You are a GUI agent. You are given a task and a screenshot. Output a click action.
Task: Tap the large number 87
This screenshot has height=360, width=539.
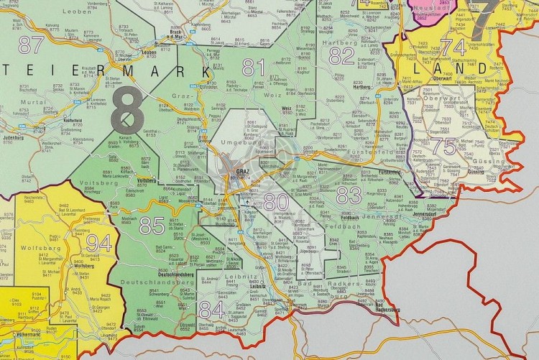tap(31, 45)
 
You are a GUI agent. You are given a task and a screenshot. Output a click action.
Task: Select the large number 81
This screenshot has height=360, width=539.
tap(253, 67)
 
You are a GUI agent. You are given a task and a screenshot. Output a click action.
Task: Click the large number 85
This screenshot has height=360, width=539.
tap(152, 226)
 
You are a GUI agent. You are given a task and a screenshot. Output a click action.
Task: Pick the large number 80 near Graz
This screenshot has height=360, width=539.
tap(276, 202)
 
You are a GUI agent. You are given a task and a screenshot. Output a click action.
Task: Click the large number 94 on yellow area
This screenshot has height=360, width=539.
tap(99, 243)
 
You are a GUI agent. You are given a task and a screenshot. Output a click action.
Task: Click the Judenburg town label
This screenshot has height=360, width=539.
tap(14, 136)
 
